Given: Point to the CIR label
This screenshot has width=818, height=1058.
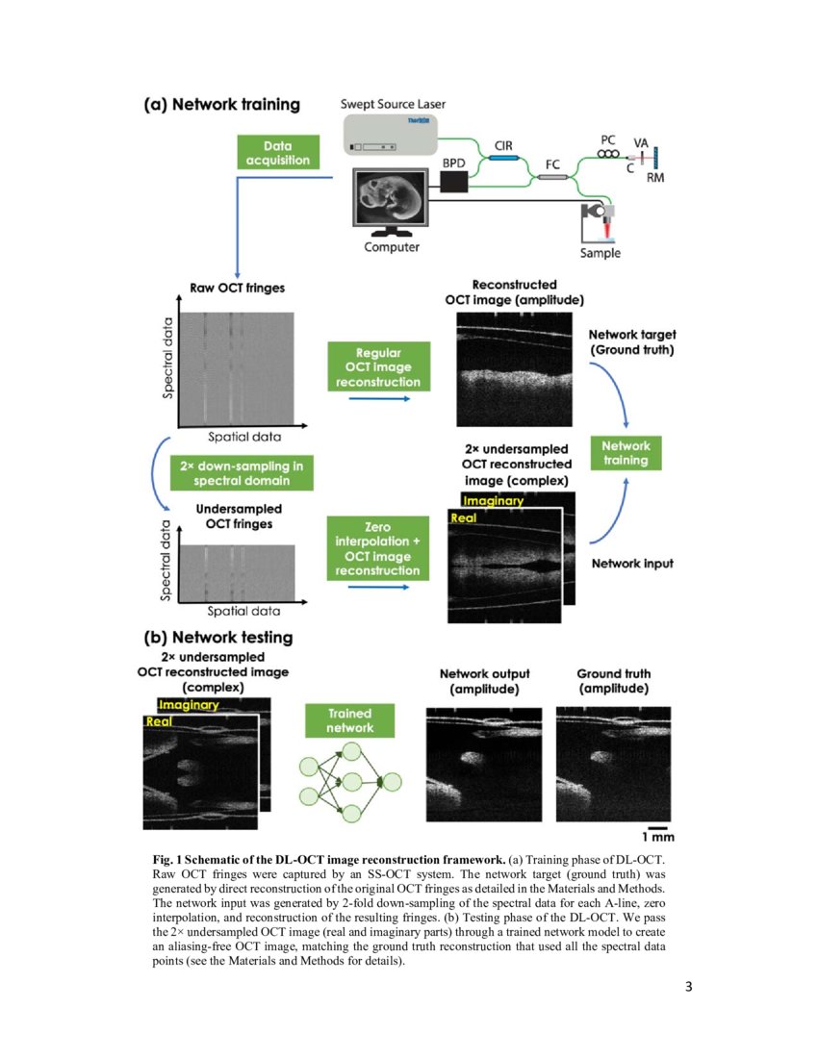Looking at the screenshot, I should (502, 145).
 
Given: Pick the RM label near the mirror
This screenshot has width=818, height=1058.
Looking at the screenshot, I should (654, 178).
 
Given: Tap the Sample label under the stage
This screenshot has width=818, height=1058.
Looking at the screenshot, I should (600, 253).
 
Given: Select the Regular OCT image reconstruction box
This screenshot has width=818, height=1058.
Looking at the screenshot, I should (378, 367).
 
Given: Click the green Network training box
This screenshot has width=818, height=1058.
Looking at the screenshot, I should (626, 453).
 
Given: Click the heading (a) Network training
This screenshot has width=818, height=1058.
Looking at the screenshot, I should (221, 105).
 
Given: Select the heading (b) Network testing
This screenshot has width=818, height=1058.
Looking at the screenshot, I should (217, 637).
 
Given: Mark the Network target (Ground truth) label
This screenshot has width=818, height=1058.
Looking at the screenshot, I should (631, 342).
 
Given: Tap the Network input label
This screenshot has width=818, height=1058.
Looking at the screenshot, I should (631, 563).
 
